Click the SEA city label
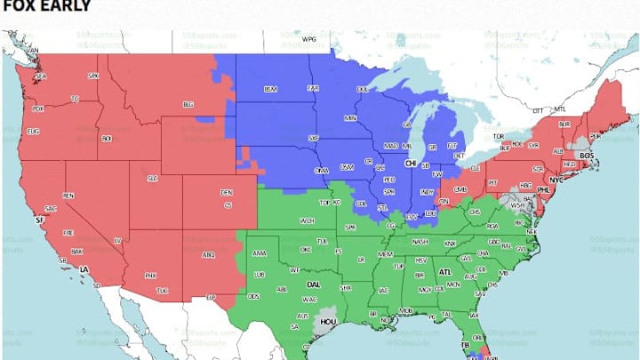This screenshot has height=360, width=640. click(39, 77)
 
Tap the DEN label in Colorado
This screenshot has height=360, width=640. click(227, 192)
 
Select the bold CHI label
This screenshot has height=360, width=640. click(411, 164)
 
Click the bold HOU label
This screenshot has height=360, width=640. click(328, 324)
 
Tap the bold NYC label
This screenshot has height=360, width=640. click(556, 180)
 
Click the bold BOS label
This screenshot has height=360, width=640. click(585, 156)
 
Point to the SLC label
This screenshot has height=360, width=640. click(152, 177)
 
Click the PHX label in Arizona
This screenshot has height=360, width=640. click(150, 276)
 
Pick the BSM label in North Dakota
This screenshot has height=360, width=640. click(269, 89)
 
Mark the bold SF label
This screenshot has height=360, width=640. click(38, 219)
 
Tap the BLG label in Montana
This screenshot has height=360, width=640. click(188, 104)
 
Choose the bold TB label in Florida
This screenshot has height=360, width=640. click(464, 343)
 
